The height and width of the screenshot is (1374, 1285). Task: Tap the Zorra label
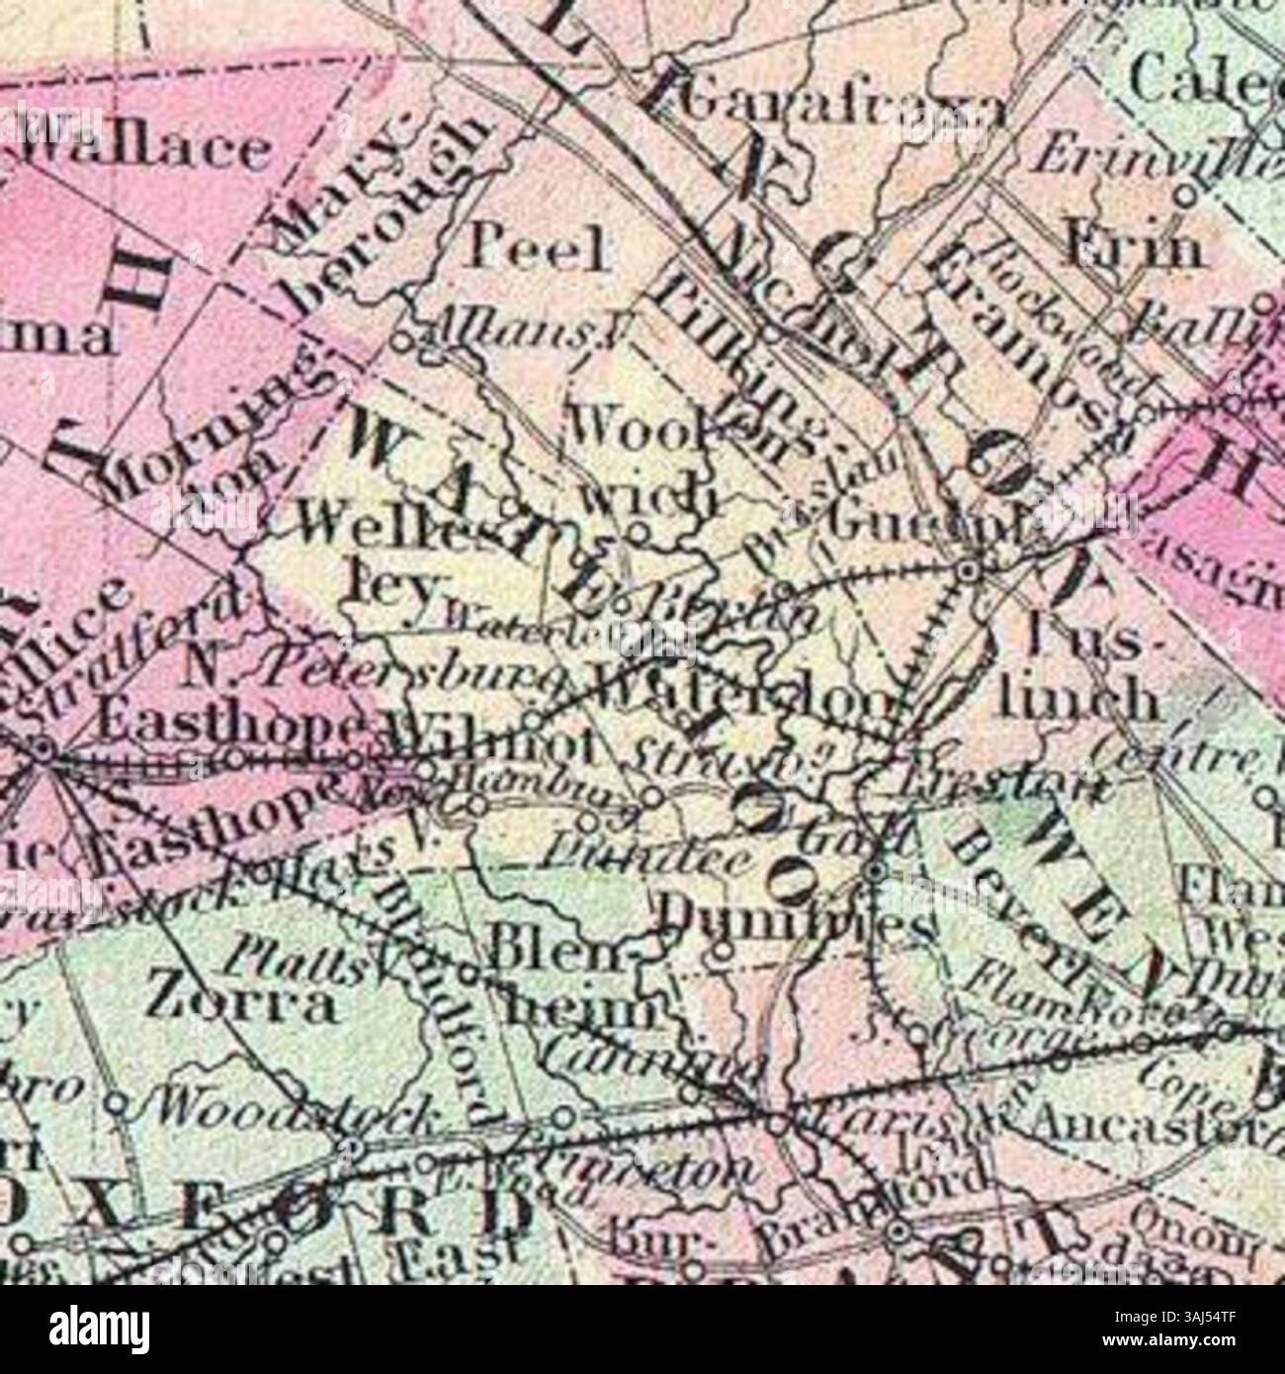(239, 1001)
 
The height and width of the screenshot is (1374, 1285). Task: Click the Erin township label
(1134, 247)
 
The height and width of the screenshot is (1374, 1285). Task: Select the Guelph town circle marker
(970, 570)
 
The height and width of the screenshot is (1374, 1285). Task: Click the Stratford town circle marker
(42, 748)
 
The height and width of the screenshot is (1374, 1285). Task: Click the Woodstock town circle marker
(353, 1147)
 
